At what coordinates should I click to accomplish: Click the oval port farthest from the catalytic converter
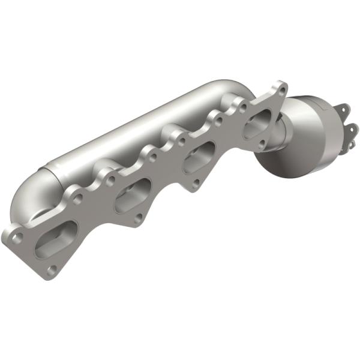56,238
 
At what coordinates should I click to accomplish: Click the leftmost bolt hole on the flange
18,238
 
